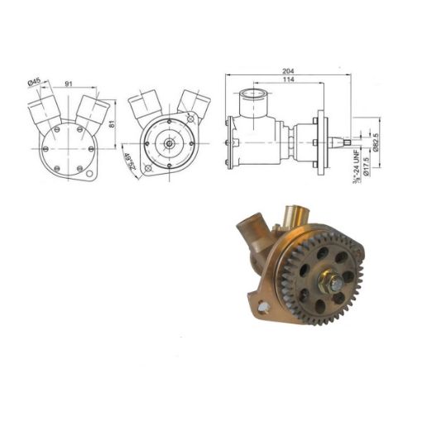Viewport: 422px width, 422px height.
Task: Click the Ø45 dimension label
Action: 35,81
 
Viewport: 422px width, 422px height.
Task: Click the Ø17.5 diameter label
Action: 366,162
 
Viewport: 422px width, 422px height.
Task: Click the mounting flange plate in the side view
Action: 316,142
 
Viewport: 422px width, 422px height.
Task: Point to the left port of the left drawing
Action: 41,110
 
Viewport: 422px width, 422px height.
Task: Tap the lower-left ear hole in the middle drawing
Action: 147,172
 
